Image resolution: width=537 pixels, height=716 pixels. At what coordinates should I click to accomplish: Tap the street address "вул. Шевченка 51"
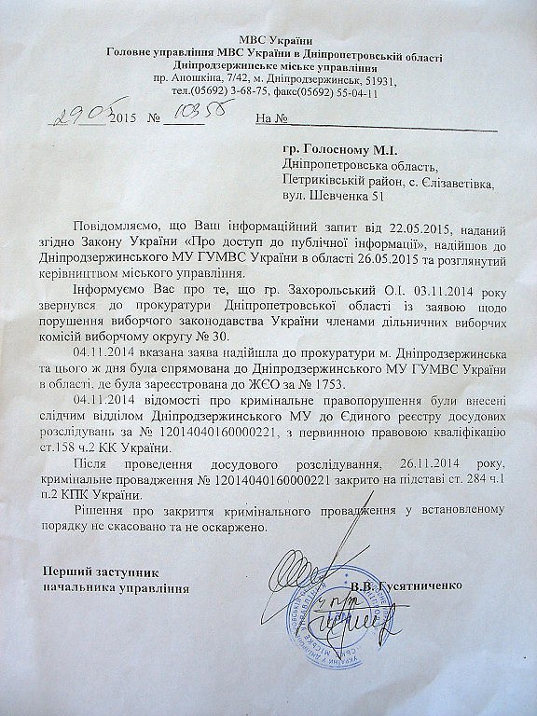click(x=331, y=198)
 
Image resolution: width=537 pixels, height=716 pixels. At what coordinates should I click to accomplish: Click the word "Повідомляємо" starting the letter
click(x=119, y=230)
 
